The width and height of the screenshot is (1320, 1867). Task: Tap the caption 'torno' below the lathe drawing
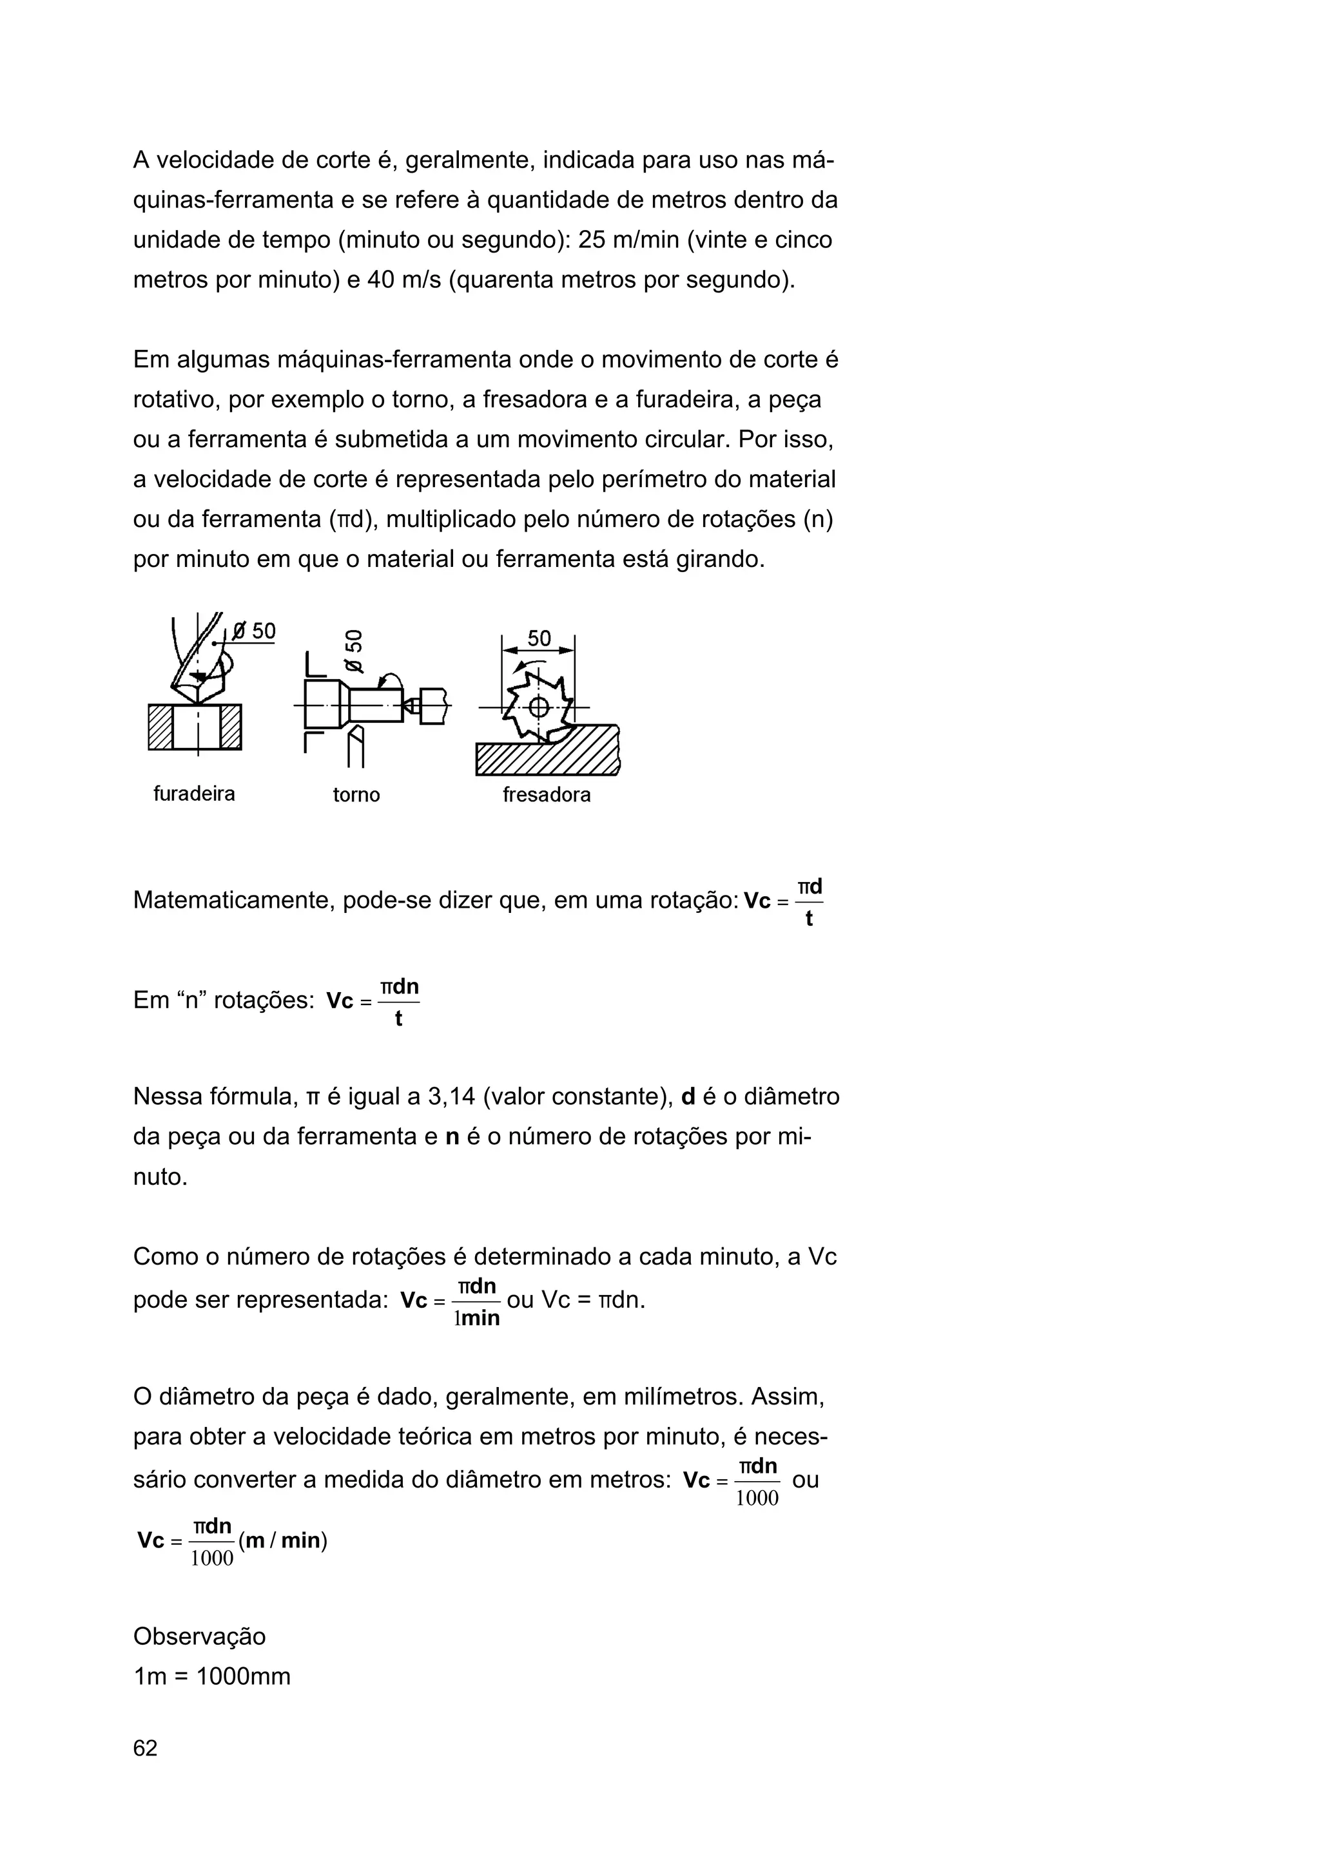point(356,794)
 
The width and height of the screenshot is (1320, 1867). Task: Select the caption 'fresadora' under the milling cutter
point(547,794)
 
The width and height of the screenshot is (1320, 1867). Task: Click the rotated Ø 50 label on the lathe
point(354,651)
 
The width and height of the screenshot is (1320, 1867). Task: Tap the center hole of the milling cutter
point(538,707)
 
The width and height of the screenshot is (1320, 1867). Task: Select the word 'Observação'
point(199,1636)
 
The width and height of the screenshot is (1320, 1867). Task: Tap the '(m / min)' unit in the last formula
point(283,1540)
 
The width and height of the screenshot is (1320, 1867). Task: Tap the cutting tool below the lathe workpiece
point(354,748)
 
